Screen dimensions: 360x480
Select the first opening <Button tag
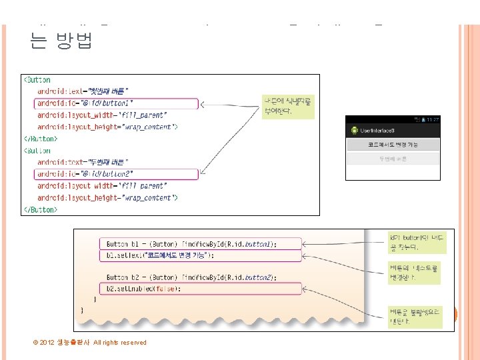[38, 80]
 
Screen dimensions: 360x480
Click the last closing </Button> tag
[41, 209]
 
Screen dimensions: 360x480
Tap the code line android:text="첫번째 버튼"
[83, 91]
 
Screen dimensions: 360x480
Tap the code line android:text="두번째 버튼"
[83, 162]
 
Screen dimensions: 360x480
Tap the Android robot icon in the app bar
[352, 129]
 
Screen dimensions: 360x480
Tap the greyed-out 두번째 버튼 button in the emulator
[393, 159]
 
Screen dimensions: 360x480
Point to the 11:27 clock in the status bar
[433, 119]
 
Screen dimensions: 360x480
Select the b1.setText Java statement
[160, 255]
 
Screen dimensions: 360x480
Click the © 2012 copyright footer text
[89, 343]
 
